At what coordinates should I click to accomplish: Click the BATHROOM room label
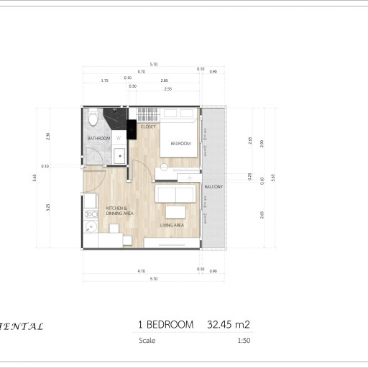[x=98, y=138]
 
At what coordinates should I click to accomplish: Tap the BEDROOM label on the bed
[x=180, y=144]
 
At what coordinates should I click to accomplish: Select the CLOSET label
[x=149, y=126]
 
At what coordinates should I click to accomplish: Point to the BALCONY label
[x=213, y=187]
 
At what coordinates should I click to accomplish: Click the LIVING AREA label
[x=172, y=225]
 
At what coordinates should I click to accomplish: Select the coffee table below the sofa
[x=176, y=211]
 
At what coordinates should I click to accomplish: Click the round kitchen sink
[x=91, y=229]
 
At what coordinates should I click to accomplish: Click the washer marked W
[x=118, y=137]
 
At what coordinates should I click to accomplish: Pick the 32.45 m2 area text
[x=228, y=325]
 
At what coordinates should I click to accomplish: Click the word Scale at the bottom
[x=147, y=341]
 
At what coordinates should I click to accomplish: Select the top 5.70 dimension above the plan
[x=154, y=65]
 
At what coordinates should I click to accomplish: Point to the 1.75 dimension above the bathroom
[x=105, y=80]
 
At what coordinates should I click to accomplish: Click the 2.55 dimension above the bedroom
[x=167, y=88]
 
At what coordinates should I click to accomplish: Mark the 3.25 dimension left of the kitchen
[x=48, y=208]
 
